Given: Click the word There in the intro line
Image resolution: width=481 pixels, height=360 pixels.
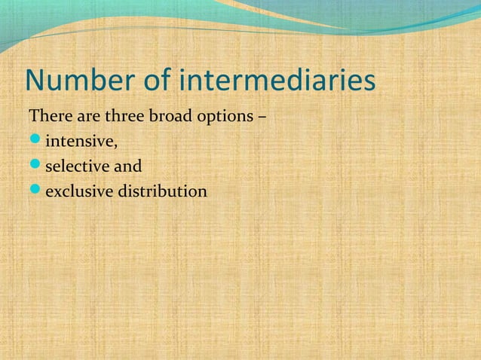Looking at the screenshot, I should (48, 118).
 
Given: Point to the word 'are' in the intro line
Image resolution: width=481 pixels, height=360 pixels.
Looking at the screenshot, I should (85, 118).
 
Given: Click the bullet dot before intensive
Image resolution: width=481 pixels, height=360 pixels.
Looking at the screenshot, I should (35, 142).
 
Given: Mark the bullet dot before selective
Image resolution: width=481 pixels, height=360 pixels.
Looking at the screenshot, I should (35, 166).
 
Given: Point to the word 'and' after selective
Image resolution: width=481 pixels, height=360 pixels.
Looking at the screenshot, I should (127, 166).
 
